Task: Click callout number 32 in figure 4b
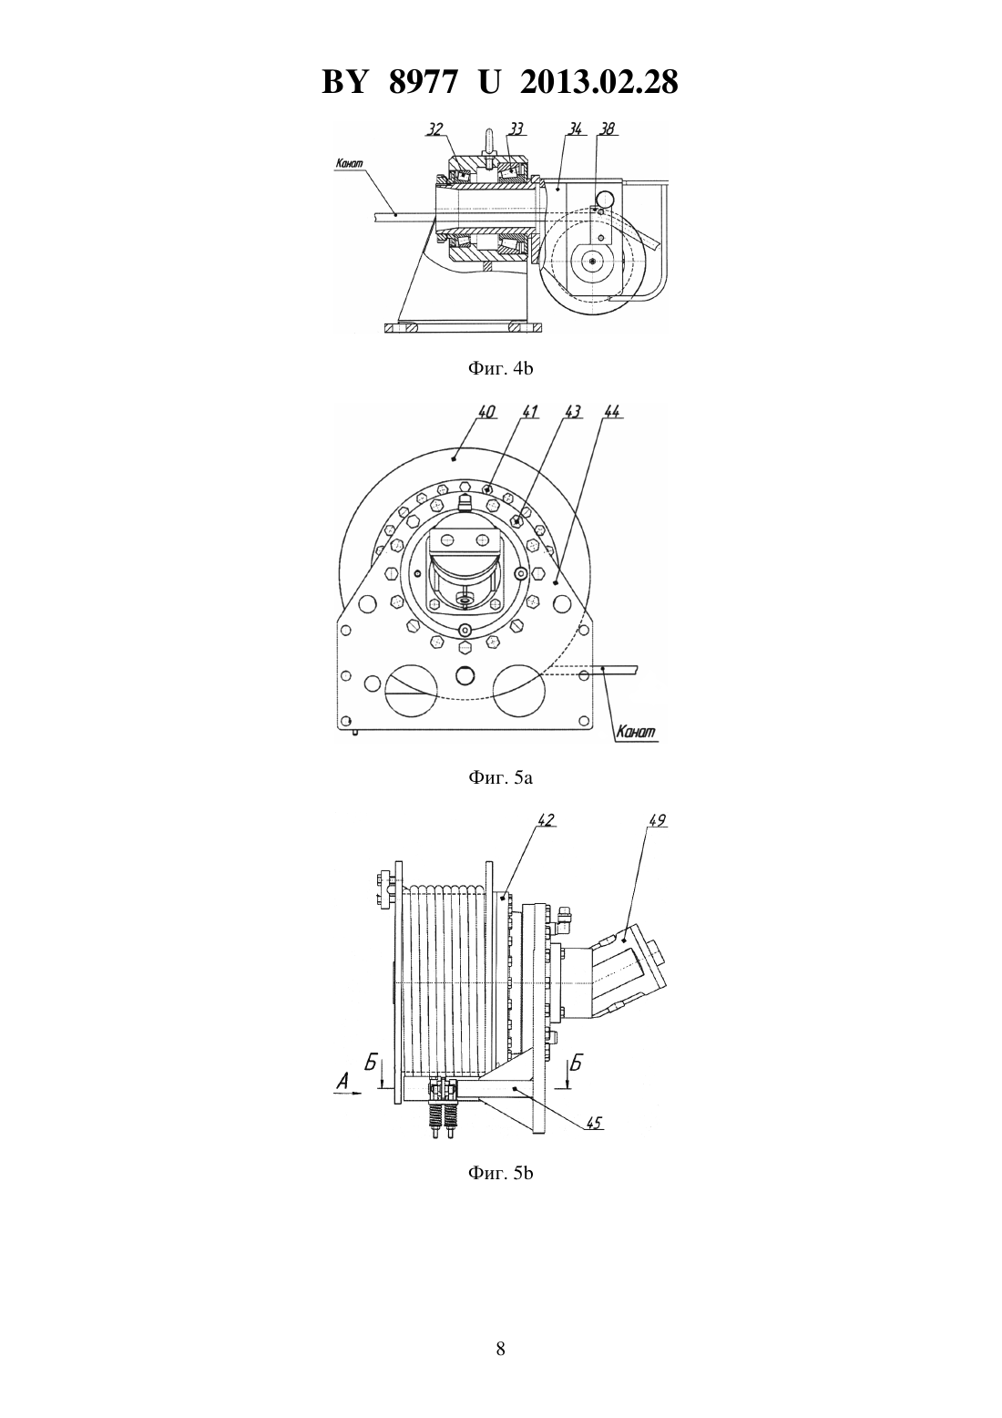pyautogui.click(x=434, y=129)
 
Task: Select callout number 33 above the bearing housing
pyautogui.click(x=516, y=129)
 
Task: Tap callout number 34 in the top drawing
pyautogui.click(x=575, y=129)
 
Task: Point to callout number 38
pyautogui.click(x=607, y=129)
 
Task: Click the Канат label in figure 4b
pyautogui.click(x=350, y=163)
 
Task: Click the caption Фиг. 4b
pyautogui.click(x=500, y=368)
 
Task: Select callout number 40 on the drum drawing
pyautogui.click(x=486, y=412)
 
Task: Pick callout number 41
pyautogui.click(x=530, y=412)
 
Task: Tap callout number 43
pyautogui.click(x=572, y=412)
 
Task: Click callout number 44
pyautogui.click(x=612, y=412)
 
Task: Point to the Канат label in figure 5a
pyautogui.click(x=636, y=733)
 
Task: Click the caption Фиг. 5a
pyautogui.click(x=500, y=777)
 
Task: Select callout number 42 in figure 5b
pyautogui.click(x=546, y=820)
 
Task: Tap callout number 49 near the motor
pyautogui.click(x=658, y=820)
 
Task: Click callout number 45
pyautogui.click(x=594, y=1123)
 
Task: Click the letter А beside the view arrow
pyautogui.click(x=343, y=1082)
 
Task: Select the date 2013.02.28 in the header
pyautogui.click(x=599, y=82)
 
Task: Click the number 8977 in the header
pyautogui.click(x=423, y=82)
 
